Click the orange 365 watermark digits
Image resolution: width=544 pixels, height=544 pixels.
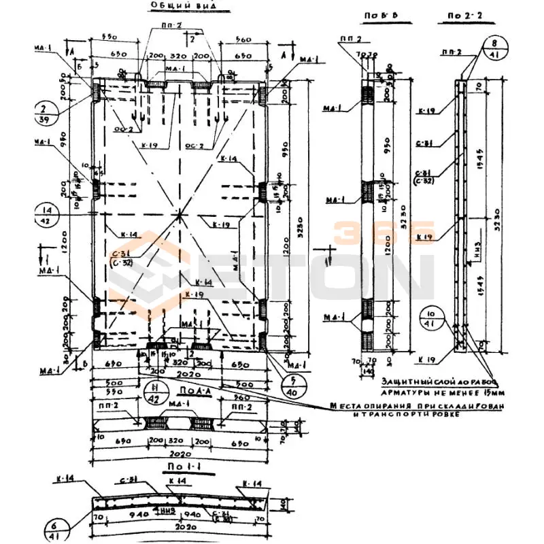pos(384,231)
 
